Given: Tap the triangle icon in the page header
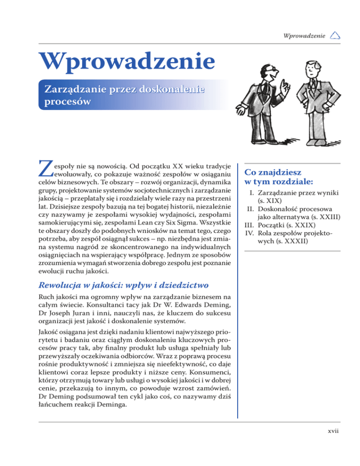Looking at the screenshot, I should [335, 35].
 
